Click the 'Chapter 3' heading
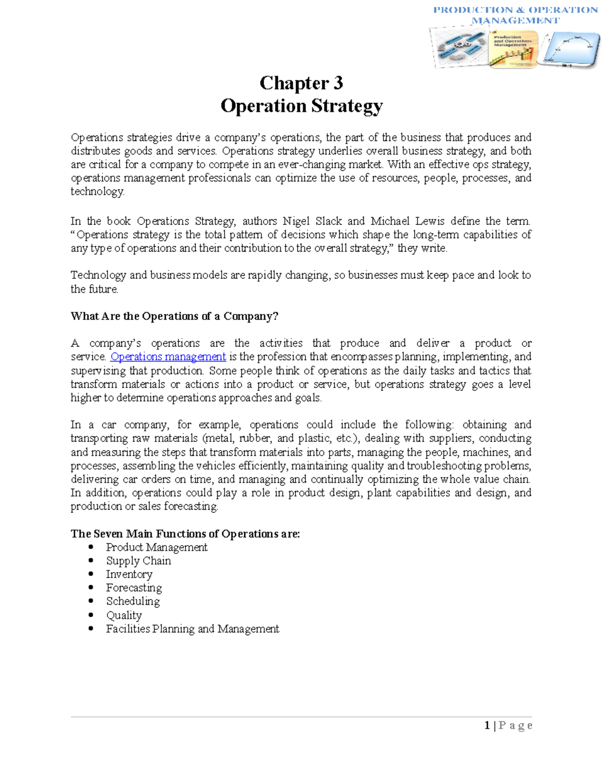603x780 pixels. coord(301,83)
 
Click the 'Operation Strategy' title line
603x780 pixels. coord(301,106)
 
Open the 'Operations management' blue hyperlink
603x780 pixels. coord(168,357)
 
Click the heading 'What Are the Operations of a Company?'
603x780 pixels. coord(174,316)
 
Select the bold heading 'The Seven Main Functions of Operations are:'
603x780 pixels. coord(185,533)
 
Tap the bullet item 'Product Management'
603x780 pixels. coord(156,547)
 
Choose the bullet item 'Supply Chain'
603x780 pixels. coord(138,561)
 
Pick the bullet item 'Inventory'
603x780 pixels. coord(129,574)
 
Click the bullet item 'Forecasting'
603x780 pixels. coord(134,588)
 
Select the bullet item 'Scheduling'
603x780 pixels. coord(133,601)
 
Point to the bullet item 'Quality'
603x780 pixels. coord(124,615)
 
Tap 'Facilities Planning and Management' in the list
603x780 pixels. coord(192,629)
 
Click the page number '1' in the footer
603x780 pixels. coord(487,725)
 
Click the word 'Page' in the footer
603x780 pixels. coord(516,725)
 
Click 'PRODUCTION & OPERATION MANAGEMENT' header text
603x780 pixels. coord(515,15)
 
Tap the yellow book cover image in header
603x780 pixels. coord(512,49)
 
